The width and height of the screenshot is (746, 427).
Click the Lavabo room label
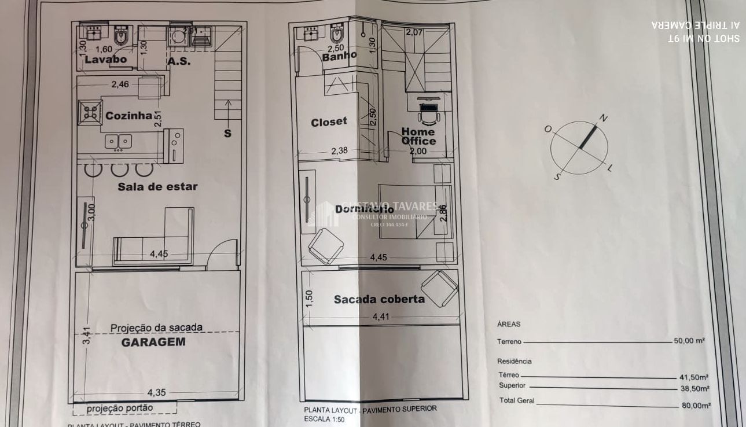pos(105,60)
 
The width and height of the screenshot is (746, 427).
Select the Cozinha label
pos(128,116)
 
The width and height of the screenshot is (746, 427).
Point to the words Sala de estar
pos(157,186)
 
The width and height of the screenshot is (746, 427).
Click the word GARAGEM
pos(153,341)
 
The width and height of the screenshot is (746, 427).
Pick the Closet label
pos(329,122)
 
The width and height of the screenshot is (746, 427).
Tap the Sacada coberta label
pos(379,299)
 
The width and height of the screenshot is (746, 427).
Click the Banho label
pos(339,57)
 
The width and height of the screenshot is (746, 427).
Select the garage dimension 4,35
pos(156,392)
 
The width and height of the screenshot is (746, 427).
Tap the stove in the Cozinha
pos(91,112)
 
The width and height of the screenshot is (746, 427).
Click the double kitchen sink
pos(119,141)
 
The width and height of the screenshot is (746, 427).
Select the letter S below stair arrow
pos(227,134)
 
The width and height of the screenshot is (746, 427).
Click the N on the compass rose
pos(603,118)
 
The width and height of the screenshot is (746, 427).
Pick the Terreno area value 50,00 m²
pos(689,341)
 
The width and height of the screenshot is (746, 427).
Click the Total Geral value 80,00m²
pos(694,406)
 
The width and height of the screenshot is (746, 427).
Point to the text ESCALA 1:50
pos(324,418)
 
